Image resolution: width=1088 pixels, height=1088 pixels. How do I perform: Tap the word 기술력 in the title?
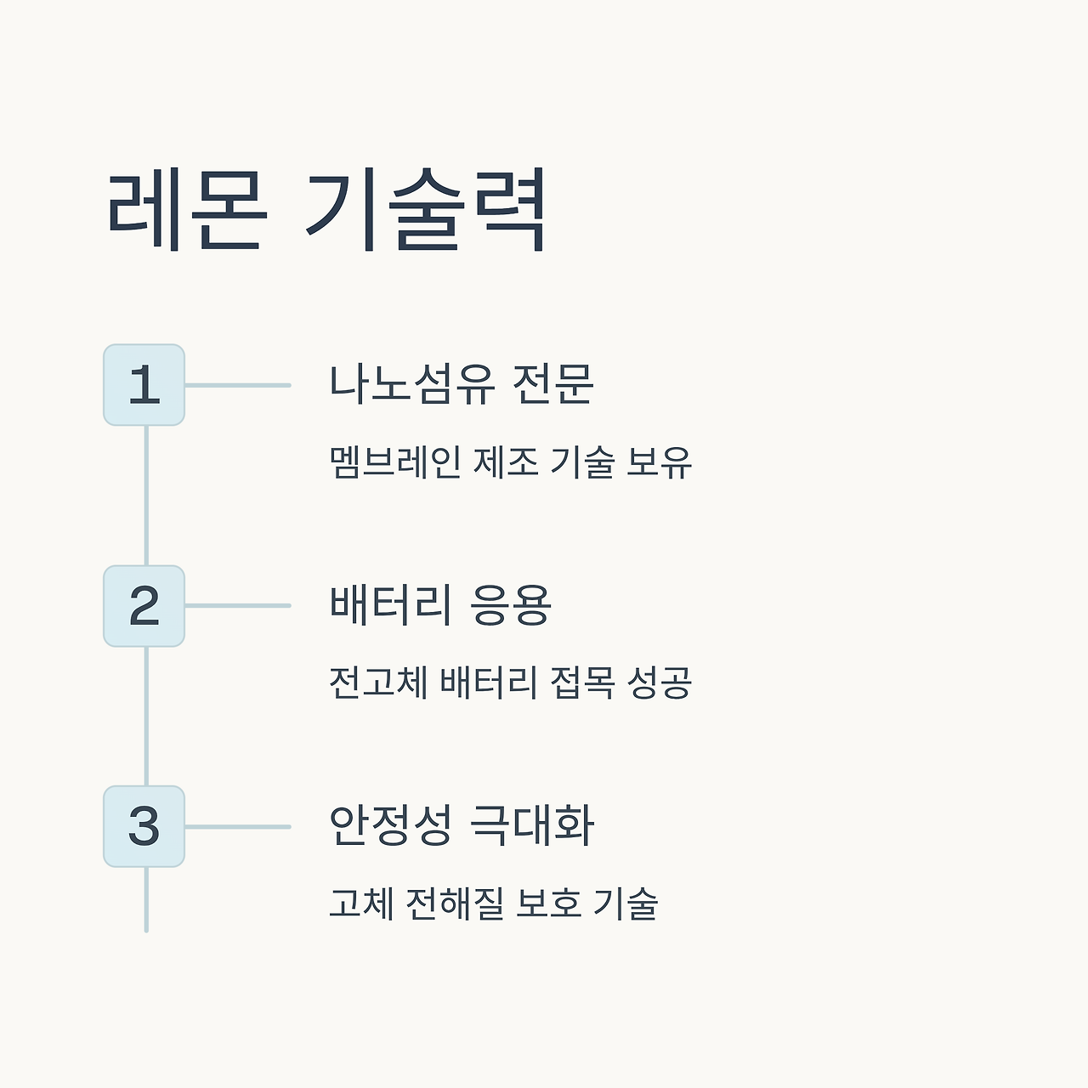(425, 210)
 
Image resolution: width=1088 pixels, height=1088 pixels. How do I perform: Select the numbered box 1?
(144, 385)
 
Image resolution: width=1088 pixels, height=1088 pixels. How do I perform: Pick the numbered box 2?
(144, 606)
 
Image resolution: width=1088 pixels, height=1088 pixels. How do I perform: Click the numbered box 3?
(144, 826)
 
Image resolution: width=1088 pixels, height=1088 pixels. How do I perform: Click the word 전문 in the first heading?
(552, 384)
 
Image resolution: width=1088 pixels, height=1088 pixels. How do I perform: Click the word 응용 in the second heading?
(511, 605)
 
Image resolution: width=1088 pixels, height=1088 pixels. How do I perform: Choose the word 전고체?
(378, 683)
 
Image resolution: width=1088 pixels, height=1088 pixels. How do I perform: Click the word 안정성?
(390, 825)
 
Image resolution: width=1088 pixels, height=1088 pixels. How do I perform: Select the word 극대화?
(532, 825)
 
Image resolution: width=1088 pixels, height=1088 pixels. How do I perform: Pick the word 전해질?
(450, 903)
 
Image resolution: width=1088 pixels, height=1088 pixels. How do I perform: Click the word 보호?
(548, 903)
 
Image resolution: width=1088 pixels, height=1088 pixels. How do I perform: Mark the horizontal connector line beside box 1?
(238, 385)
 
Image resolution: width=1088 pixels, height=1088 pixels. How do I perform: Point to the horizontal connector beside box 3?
(238, 826)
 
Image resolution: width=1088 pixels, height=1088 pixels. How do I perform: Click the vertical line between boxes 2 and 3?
(146, 716)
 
